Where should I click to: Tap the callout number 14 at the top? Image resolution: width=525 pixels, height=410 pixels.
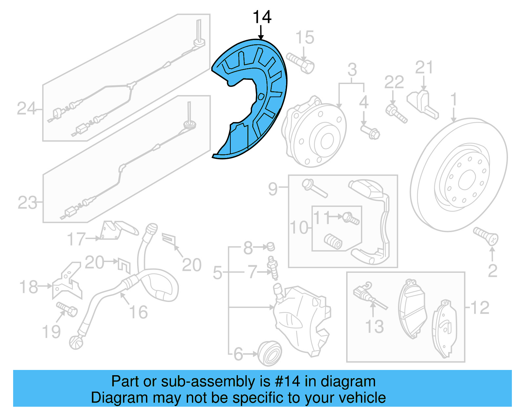[262, 17]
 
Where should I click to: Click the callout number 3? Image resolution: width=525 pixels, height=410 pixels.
[352, 70]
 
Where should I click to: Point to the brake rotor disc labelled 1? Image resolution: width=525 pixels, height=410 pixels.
[459, 174]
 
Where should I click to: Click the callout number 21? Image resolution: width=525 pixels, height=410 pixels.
[424, 67]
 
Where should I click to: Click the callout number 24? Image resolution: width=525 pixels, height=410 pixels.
[26, 108]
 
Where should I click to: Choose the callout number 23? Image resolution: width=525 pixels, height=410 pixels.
[27, 203]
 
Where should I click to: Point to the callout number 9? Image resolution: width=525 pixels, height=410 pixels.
[273, 189]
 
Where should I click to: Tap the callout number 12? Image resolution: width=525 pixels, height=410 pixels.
[480, 308]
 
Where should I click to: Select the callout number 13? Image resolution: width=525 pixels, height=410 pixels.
[374, 326]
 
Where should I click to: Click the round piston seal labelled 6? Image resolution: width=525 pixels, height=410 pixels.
[270, 353]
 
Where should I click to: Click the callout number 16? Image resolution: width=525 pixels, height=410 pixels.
[138, 312]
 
